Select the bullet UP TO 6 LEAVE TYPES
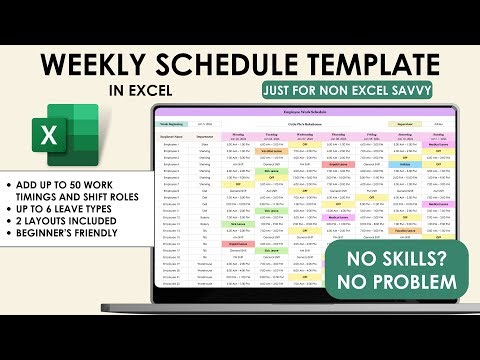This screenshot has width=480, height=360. coord(66,218)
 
